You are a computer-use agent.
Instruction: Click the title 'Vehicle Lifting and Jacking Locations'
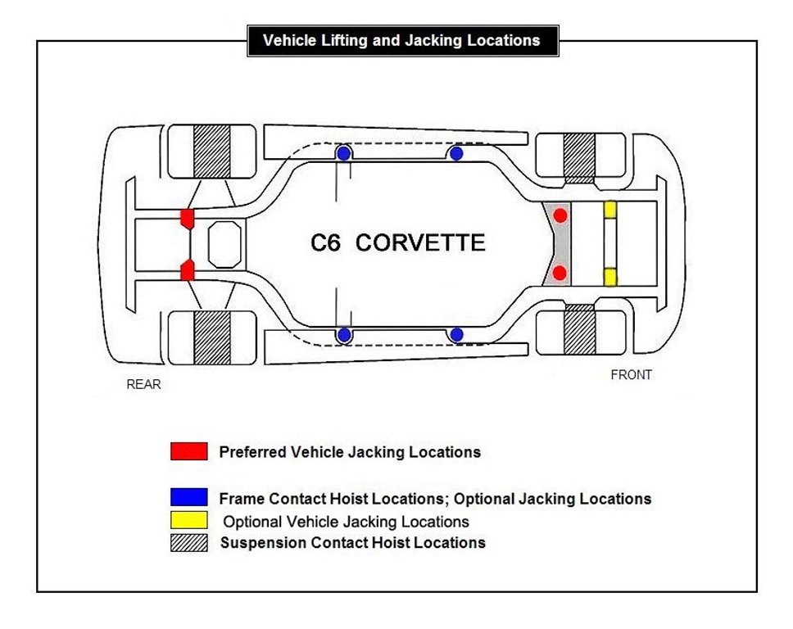coord(402,40)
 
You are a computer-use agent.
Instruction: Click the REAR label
coord(143,384)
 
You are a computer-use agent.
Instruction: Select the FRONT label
coord(632,375)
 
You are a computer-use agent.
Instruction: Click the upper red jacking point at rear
coord(187,218)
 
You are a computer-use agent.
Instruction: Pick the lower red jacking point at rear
coord(187,269)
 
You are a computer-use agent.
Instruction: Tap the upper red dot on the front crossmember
coord(560,215)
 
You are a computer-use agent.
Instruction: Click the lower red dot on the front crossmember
coord(560,272)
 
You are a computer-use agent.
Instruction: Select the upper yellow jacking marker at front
coord(610,210)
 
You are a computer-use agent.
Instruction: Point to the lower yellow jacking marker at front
coord(610,276)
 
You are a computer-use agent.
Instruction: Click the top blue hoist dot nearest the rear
coord(344,153)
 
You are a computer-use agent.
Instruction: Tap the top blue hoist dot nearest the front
coord(456,153)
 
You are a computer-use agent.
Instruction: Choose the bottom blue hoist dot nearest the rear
coord(344,335)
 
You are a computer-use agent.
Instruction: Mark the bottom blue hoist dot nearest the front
coord(456,335)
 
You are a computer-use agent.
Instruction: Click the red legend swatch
coord(188,451)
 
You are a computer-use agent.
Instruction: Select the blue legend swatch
coord(188,497)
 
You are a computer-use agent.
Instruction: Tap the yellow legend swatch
coord(188,520)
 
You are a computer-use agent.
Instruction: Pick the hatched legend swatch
coord(188,542)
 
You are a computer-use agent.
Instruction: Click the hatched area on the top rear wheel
coord(212,150)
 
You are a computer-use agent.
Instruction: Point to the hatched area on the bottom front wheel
coord(579,331)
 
